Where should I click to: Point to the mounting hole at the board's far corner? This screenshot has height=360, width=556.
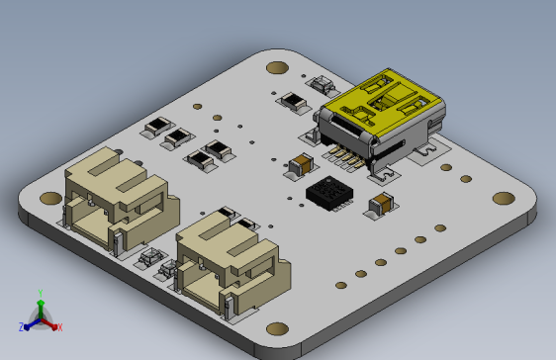click(x=278, y=68)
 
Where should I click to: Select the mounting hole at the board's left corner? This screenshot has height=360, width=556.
click(x=49, y=198)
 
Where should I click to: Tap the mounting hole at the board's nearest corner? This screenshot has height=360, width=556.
click(x=278, y=328)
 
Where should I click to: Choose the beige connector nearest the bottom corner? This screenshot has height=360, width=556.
click(x=228, y=262)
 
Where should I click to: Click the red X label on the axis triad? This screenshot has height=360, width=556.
click(x=59, y=326)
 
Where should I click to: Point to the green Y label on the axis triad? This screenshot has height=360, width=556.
click(x=40, y=293)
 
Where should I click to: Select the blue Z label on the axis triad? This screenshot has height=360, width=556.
click(x=22, y=326)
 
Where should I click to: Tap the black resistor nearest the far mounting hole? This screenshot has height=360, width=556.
click(x=294, y=100)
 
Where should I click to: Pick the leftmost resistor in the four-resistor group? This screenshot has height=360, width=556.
click(x=156, y=128)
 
